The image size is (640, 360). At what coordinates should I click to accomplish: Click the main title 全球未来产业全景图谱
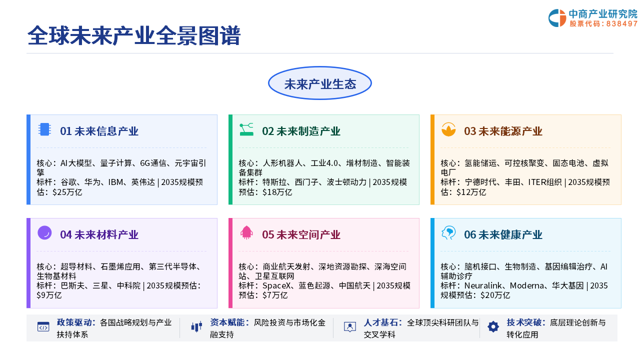[x=133, y=35]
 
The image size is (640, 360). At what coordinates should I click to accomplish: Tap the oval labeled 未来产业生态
[x=319, y=83]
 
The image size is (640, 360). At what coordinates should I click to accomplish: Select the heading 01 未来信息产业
[x=99, y=131]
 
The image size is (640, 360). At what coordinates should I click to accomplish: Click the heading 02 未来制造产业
[x=301, y=131]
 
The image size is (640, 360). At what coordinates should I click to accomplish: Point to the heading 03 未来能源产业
[x=503, y=131]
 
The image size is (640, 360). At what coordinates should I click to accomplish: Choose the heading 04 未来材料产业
[x=99, y=234]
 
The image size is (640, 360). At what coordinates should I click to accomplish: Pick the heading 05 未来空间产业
[x=301, y=234]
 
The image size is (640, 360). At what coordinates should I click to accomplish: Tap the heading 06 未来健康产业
[x=503, y=234]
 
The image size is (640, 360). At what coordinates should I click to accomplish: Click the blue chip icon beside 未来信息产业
[x=44, y=129]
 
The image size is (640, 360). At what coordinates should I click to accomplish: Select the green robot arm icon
[x=246, y=129]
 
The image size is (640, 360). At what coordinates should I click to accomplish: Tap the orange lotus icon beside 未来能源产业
[x=448, y=129]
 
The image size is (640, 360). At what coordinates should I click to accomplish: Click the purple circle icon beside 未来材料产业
[x=44, y=233]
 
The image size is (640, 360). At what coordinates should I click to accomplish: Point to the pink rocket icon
[x=246, y=233]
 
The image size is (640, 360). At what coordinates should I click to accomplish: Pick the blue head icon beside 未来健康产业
[x=448, y=233]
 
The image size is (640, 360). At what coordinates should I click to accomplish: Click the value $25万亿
[x=67, y=192]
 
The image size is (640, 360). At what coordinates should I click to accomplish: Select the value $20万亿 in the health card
[x=495, y=295]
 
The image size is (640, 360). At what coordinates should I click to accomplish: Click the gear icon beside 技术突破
[x=493, y=327]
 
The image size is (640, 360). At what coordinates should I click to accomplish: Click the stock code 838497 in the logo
[x=621, y=23]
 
